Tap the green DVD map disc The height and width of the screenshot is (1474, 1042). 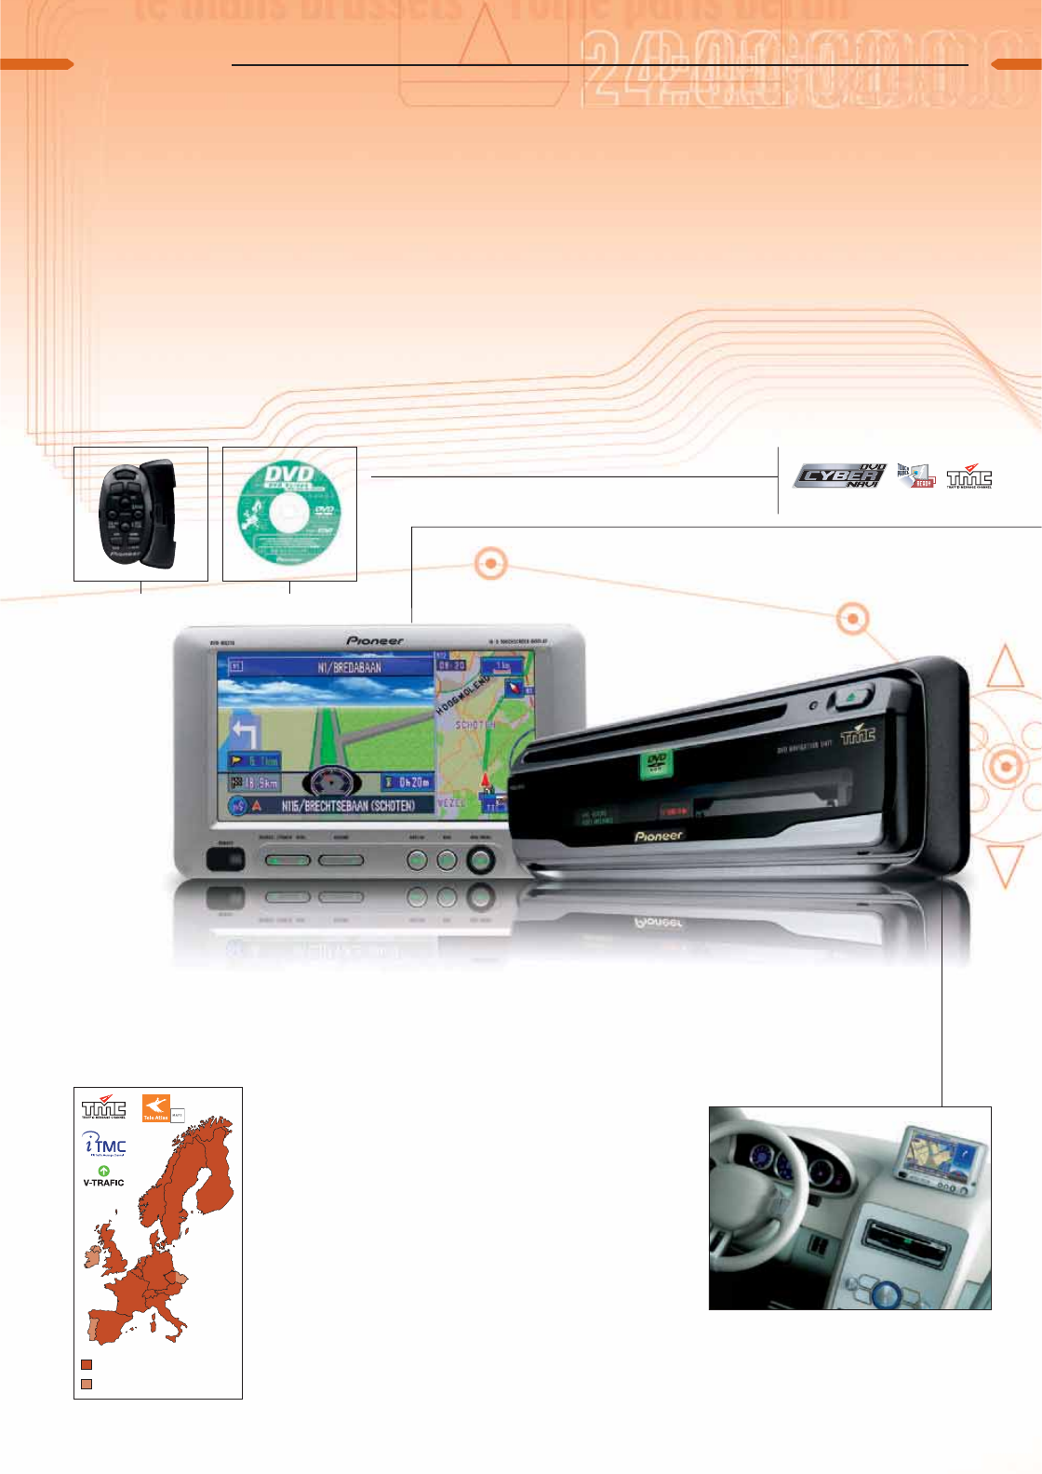(289, 514)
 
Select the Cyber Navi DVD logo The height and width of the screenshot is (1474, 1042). (839, 476)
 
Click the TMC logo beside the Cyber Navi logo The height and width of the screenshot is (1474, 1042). (969, 477)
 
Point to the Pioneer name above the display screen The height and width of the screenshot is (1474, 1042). (375, 640)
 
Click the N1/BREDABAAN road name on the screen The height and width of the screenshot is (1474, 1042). (349, 667)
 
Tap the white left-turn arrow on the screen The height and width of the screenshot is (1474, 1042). (245, 733)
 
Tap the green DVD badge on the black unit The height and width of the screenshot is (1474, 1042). (656, 764)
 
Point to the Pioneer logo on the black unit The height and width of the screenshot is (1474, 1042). (658, 836)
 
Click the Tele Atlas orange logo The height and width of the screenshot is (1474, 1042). (155, 1108)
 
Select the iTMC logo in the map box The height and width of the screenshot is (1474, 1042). (104, 1145)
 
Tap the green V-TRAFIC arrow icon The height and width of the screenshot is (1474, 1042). (103, 1171)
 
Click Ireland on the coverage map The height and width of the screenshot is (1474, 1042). (93, 1257)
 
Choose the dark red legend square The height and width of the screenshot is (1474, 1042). (87, 1364)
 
